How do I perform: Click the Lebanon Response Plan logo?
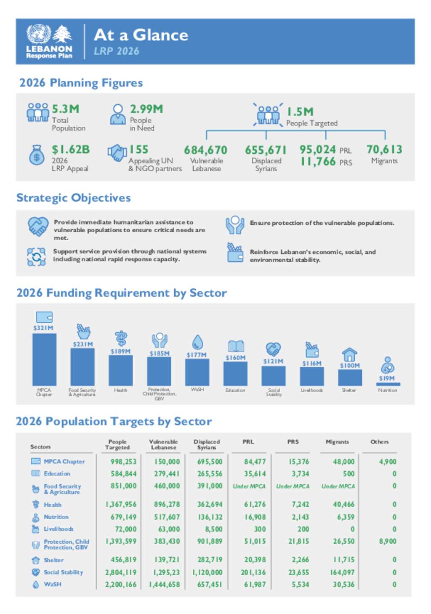pyautogui.click(x=49, y=41)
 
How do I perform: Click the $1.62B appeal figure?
pyautogui.click(x=71, y=150)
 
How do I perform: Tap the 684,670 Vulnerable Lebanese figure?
pyautogui.click(x=205, y=150)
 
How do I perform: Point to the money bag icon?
pyautogui.click(x=37, y=155)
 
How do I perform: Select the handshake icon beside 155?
pyautogui.click(x=117, y=153)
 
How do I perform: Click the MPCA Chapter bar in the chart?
pyautogui.click(x=44, y=359)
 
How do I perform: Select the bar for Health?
pyautogui.click(x=120, y=370)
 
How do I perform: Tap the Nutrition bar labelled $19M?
pyautogui.click(x=388, y=384)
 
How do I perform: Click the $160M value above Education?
pyautogui.click(x=235, y=358)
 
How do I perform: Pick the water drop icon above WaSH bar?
pyautogui.click(x=197, y=342)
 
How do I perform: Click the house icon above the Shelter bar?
pyautogui.click(x=349, y=354)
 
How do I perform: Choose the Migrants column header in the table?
pyautogui.click(x=337, y=442)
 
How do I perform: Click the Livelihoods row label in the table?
pyautogui.click(x=58, y=529)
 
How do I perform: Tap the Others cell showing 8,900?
pyautogui.click(x=388, y=541)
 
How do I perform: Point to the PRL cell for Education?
pyautogui.click(x=255, y=474)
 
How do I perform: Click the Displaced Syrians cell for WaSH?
pyautogui.click(x=210, y=585)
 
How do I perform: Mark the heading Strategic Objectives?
pyautogui.click(x=74, y=198)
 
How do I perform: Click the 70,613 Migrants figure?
pyautogui.click(x=384, y=149)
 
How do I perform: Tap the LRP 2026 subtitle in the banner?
pyautogui.click(x=117, y=51)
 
